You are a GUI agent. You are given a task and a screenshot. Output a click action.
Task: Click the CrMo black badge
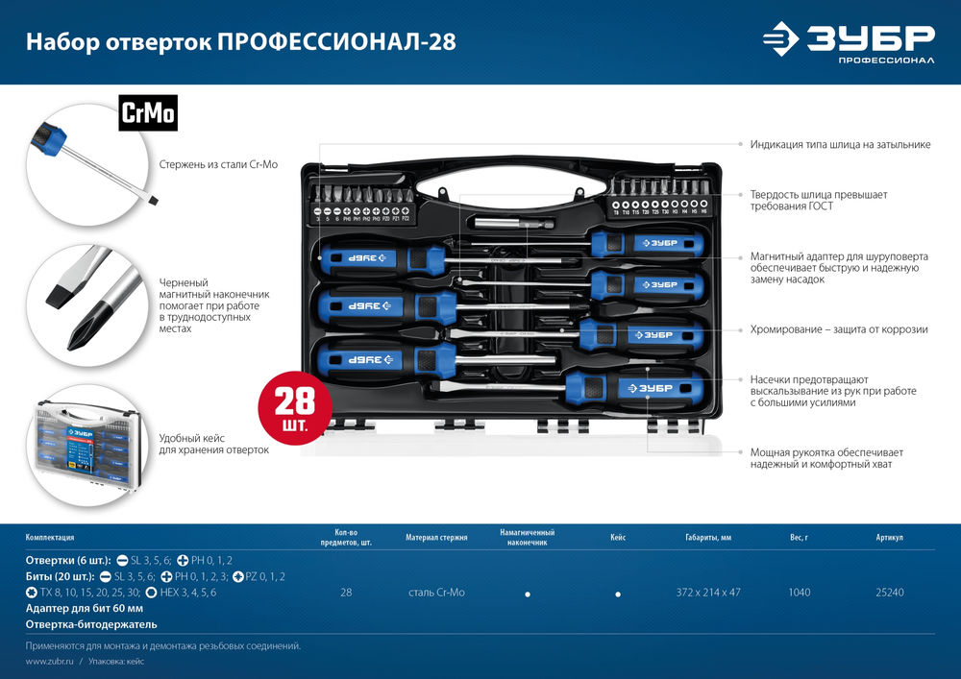coord(148,113)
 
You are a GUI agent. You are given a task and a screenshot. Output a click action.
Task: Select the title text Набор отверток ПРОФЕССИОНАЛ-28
coord(240,42)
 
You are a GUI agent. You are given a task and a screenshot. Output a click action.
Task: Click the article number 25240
coord(890,593)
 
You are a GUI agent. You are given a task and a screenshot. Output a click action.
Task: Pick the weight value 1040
coord(799,593)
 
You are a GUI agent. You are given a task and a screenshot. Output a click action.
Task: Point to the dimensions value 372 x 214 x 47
coord(707,593)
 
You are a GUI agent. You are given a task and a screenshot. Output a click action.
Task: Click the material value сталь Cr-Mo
coord(436,593)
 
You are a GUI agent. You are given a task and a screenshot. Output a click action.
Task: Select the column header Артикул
coord(890,538)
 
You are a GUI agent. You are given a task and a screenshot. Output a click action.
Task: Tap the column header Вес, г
coord(799,538)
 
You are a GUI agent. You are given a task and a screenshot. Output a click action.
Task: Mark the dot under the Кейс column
coord(618,594)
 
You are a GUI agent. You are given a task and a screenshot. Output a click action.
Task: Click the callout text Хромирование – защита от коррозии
coord(839,329)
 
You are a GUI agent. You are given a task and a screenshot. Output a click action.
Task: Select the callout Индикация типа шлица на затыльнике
coord(840,144)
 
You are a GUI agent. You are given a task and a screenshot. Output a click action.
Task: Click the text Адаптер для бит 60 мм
coord(85,608)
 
